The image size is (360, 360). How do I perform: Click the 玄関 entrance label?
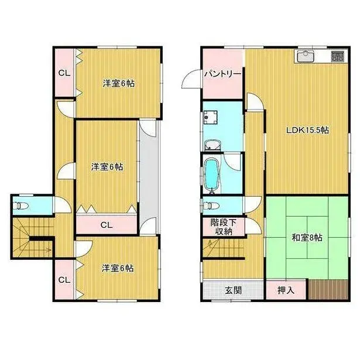point(232,290)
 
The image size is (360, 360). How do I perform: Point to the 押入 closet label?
point(285,290)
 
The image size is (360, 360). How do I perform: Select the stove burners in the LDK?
point(338,57)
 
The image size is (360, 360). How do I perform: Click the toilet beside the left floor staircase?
point(22,205)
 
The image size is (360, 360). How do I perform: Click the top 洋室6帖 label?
point(118,84)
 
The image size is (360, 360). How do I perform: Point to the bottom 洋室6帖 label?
point(117,268)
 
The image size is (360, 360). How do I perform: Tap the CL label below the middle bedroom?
point(107,224)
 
